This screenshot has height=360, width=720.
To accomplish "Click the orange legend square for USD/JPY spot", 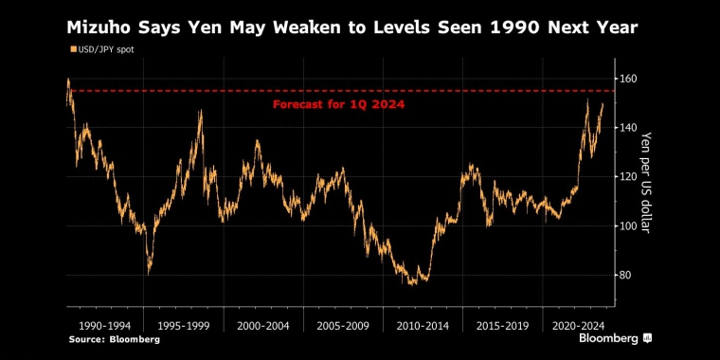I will (x=73, y=48).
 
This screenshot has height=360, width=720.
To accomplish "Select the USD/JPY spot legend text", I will (x=107, y=48).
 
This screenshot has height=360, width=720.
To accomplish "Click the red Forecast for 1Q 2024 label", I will (x=338, y=104).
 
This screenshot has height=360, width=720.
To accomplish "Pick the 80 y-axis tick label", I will (x=627, y=275).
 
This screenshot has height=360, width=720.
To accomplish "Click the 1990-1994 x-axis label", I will (x=104, y=323).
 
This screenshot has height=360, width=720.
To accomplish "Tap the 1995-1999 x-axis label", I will (x=184, y=323).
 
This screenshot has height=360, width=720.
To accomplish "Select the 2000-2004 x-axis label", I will (x=264, y=323).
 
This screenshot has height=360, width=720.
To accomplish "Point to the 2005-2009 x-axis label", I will (x=344, y=323).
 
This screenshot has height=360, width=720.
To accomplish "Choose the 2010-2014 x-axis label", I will (x=423, y=323).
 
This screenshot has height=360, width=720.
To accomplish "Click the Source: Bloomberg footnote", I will (x=113, y=338).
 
